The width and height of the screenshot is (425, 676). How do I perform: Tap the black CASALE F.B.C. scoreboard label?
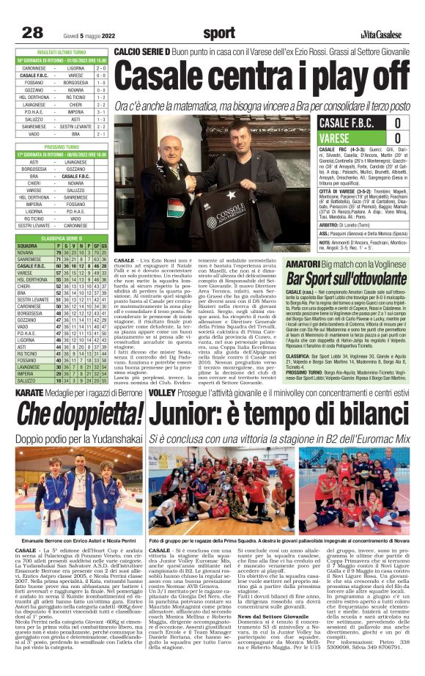coord(349,123)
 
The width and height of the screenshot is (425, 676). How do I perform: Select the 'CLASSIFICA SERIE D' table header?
coord(62,238)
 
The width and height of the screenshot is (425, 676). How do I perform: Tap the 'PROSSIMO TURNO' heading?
coord(62,147)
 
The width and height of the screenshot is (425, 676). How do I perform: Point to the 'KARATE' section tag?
coord(30,393)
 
